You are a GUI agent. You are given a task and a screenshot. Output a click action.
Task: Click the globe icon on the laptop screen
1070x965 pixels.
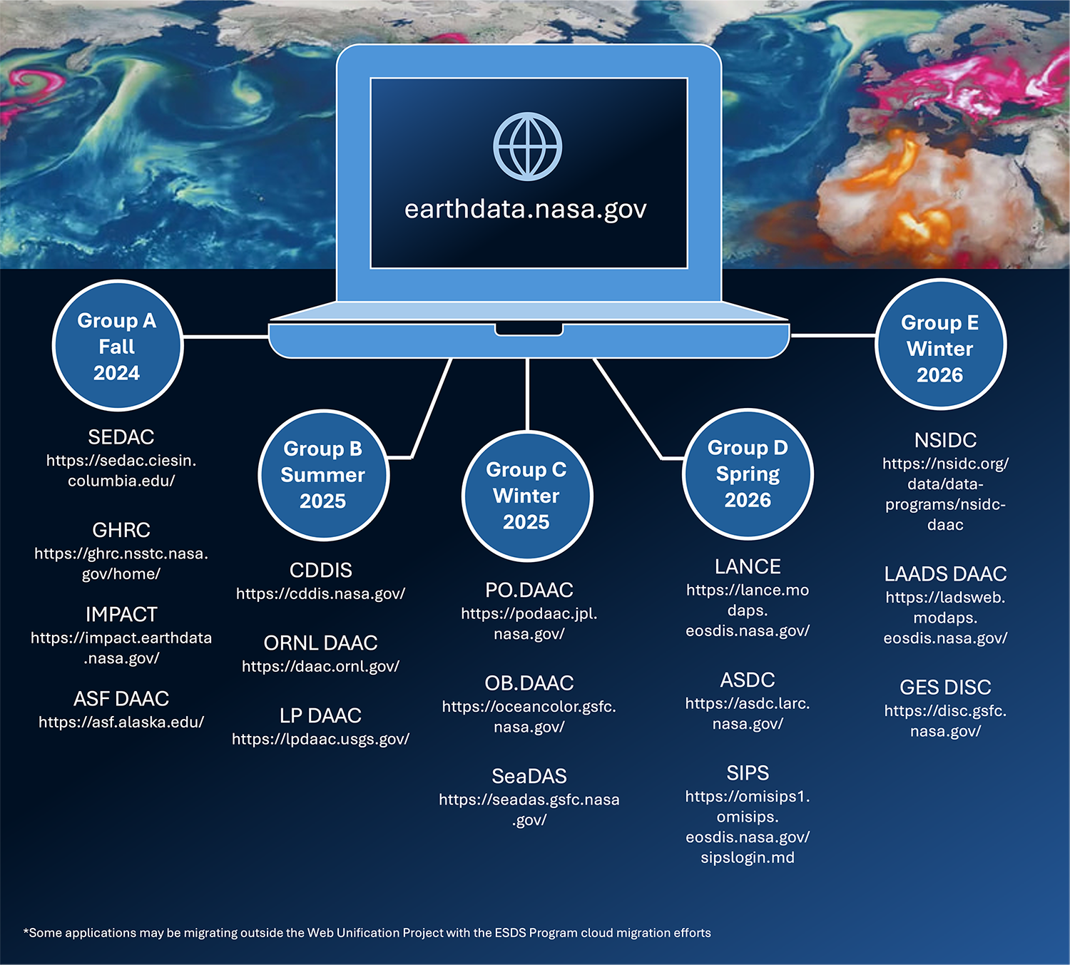tap(527, 146)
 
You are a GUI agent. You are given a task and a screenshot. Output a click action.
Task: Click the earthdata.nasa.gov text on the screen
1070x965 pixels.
tap(526, 209)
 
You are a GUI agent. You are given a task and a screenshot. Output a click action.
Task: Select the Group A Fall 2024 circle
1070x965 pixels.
tap(118, 345)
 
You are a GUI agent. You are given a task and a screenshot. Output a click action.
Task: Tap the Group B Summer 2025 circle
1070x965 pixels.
tap(323, 475)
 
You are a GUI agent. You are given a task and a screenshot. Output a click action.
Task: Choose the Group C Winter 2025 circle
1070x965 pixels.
tap(527, 496)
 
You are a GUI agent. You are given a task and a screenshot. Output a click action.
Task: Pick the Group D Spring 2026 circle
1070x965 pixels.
tap(748, 474)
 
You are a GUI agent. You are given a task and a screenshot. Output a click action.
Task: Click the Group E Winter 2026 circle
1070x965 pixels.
tap(940, 344)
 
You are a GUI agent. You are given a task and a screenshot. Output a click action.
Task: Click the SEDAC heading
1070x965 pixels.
tap(121, 437)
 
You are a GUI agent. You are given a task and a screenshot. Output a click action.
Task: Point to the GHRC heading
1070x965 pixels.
tap(121, 530)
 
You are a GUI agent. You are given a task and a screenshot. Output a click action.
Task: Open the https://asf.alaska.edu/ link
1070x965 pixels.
tap(121, 723)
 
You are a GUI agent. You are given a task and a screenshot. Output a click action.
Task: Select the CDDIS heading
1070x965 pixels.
tap(320, 571)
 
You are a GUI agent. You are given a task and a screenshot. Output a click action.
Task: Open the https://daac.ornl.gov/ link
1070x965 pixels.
tap(320, 666)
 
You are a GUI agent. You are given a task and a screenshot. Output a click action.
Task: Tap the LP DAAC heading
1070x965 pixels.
tap(320, 716)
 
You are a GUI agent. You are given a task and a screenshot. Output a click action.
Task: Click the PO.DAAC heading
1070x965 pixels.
tap(529, 591)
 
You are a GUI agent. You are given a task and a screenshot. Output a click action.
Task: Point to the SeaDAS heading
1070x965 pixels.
tap(529, 777)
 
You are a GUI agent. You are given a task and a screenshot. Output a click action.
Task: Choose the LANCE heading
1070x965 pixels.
tap(748, 567)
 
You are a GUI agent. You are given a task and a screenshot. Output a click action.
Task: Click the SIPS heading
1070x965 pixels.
tap(748, 773)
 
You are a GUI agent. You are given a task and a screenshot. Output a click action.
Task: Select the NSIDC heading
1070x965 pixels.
tap(946, 441)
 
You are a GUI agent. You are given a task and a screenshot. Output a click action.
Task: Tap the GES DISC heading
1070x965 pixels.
tap(946, 688)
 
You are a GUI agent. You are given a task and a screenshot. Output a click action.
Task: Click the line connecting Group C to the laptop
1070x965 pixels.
tap(527, 394)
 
